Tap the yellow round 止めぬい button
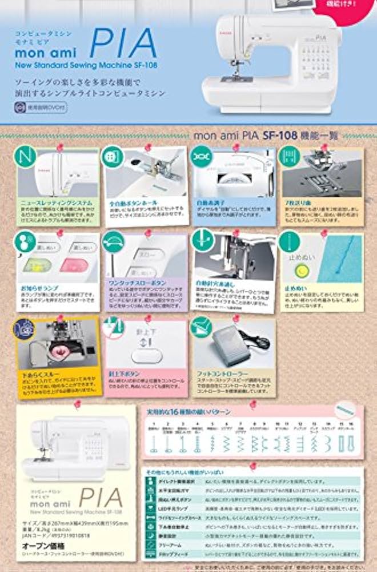click(298, 269)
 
